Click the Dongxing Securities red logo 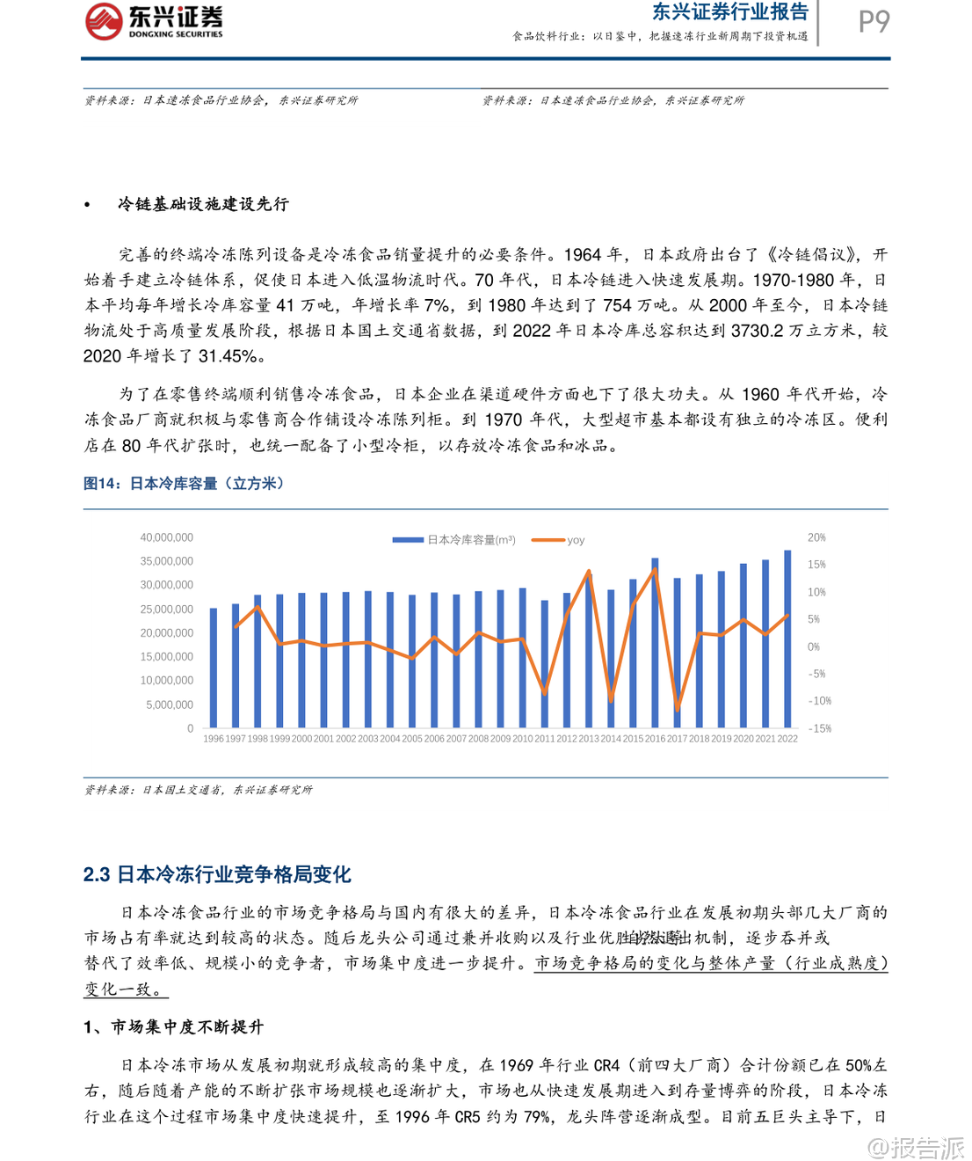pyautogui.click(x=105, y=21)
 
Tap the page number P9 pyautogui.click(x=874, y=21)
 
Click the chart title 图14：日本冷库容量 pyautogui.click(x=184, y=484)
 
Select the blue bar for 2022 pyautogui.click(x=787, y=639)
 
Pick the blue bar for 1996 pyautogui.click(x=214, y=668)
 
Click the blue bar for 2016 pyautogui.click(x=655, y=643)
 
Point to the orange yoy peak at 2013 pyautogui.click(x=589, y=572)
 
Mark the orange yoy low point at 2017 pyautogui.click(x=677, y=707)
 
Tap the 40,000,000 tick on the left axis pyautogui.click(x=167, y=537)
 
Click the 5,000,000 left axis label pyautogui.click(x=170, y=705)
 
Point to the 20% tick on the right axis pyautogui.click(x=816, y=537)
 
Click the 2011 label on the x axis pyautogui.click(x=545, y=739)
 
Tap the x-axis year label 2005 pyautogui.click(x=412, y=739)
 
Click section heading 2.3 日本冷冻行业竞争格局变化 pyautogui.click(x=217, y=874)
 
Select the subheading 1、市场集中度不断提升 pyautogui.click(x=174, y=1027)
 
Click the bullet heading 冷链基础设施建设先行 pyautogui.click(x=203, y=204)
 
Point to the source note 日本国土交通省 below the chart pyautogui.click(x=198, y=790)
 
